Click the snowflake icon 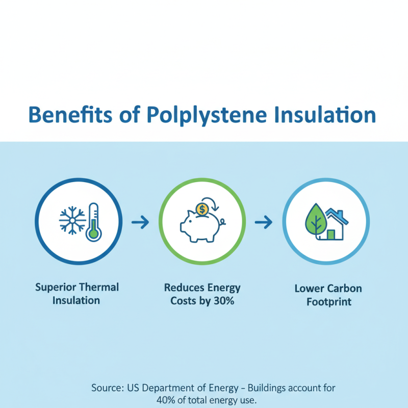tap(72, 221)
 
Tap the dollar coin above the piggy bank tap(202, 208)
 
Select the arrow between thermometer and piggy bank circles tap(140, 222)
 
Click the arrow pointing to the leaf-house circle tap(264, 222)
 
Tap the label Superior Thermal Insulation tap(77, 293)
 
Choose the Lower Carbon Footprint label tap(328, 295)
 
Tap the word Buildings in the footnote tap(275, 388)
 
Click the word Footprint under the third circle tap(328, 301)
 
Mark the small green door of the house tap(331, 234)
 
